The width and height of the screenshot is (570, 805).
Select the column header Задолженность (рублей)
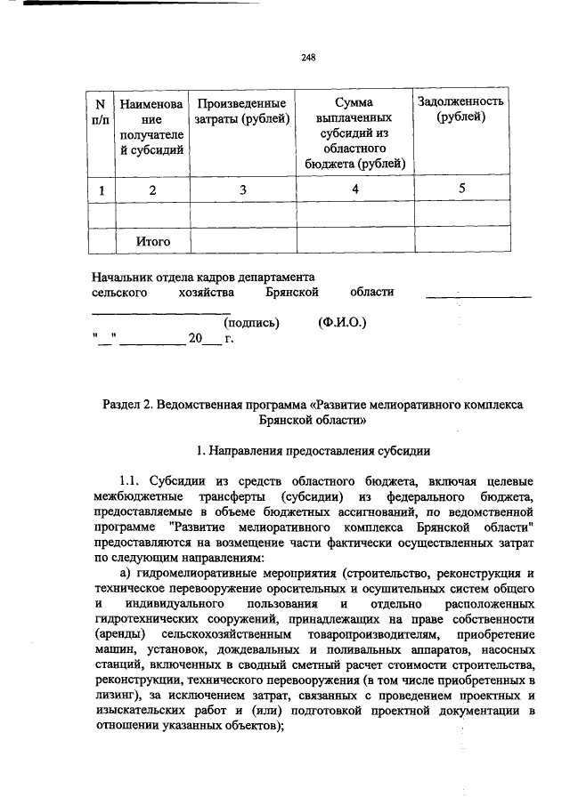tap(460, 109)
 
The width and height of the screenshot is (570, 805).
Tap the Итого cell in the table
tap(152, 240)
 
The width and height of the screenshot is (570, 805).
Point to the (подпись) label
tap(252, 322)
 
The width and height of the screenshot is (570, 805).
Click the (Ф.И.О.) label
tap(342, 322)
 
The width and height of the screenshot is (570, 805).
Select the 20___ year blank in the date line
tap(203, 339)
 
